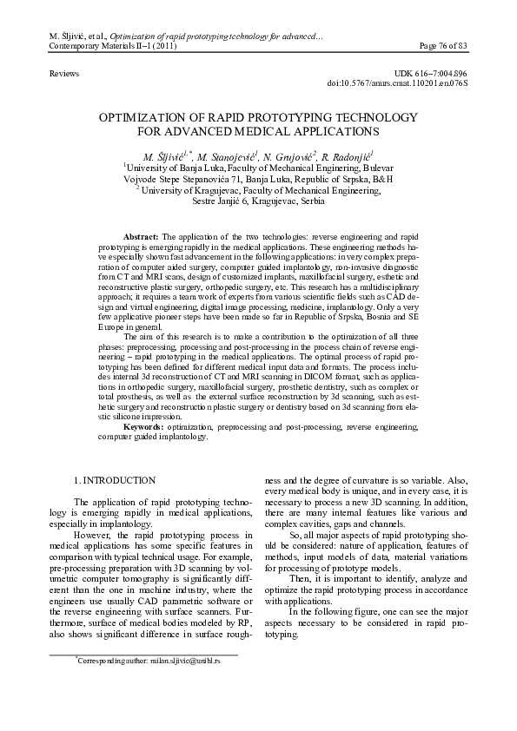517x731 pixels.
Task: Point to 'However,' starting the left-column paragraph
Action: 95,536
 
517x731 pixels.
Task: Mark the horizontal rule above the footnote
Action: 143,654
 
